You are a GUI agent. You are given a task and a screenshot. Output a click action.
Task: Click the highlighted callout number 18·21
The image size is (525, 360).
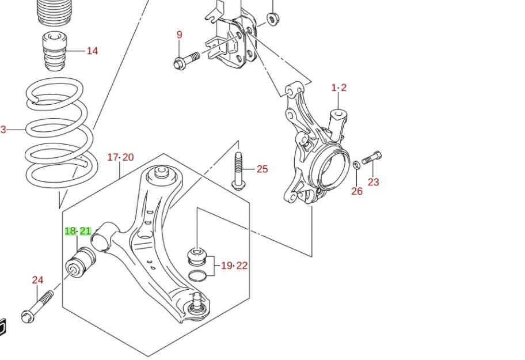click(78, 232)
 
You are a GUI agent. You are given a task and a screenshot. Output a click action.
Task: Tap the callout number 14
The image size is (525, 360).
click(92, 51)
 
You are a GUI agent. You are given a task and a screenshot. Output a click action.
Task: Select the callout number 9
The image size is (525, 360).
click(179, 35)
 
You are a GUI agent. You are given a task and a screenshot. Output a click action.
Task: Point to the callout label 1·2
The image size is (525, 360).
click(339, 88)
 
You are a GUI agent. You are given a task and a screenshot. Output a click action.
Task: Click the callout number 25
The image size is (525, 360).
click(262, 169)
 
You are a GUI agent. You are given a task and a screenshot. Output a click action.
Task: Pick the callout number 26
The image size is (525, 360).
click(357, 191)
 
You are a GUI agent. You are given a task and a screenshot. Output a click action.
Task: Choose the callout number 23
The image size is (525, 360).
click(374, 183)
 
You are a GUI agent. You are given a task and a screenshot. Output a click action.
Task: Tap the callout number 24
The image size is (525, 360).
click(37, 281)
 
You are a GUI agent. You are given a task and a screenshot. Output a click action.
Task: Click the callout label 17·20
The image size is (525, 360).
click(120, 157)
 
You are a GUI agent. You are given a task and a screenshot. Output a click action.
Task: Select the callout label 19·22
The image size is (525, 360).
click(234, 266)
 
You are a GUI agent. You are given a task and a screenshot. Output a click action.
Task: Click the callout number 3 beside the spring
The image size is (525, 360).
click(3, 130)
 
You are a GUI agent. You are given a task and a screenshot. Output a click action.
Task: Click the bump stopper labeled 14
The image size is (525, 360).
click(55, 52)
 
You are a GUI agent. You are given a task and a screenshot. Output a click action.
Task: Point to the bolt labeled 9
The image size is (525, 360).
click(185, 59)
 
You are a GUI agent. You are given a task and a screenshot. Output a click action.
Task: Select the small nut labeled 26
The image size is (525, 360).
click(356, 165)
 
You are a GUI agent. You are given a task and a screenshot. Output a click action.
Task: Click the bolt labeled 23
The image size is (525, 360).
click(372, 157)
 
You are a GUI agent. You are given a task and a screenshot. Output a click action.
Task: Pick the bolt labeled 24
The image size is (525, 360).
click(37, 306)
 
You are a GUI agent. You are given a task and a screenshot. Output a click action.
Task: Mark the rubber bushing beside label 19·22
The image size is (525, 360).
click(197, 255)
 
